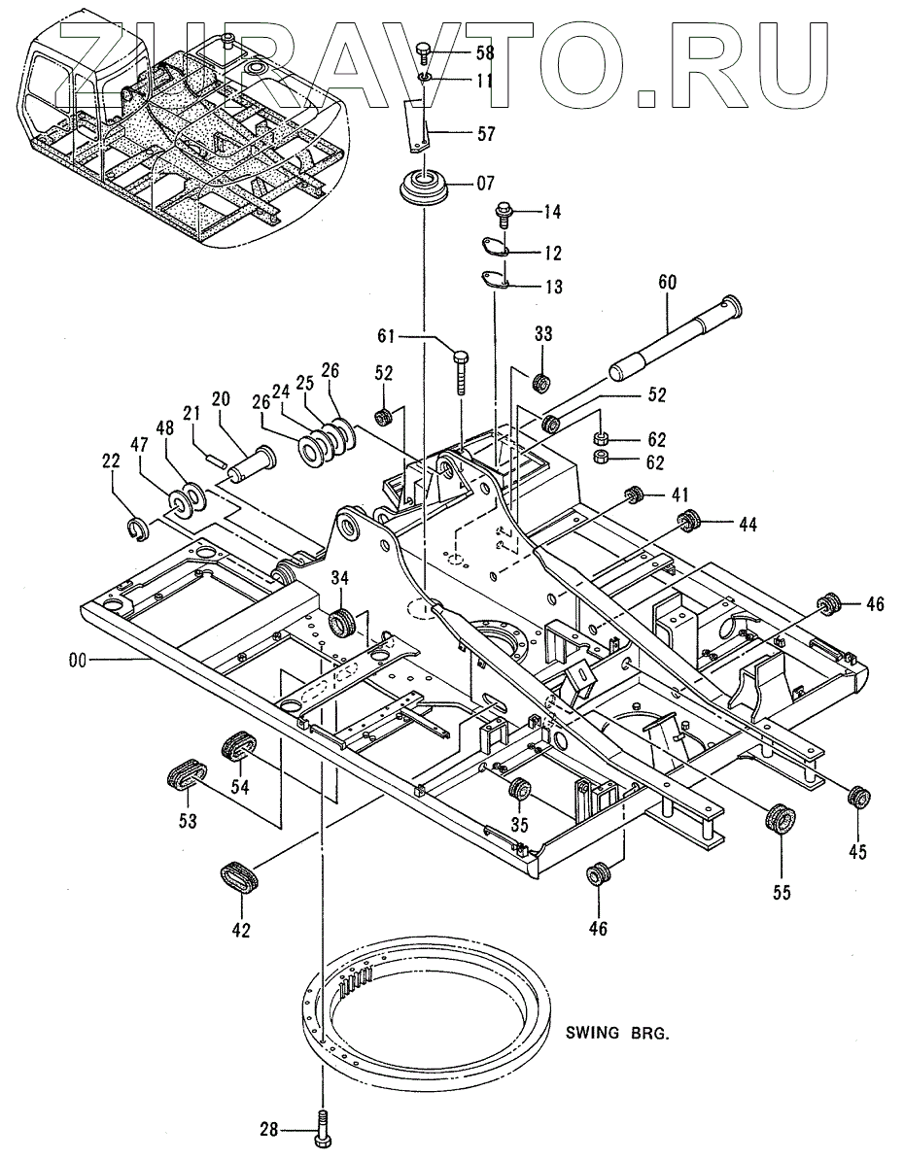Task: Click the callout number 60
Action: [667, 282]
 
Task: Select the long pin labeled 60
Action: [676, 338]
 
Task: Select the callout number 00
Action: [78, 659]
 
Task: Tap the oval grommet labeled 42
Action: [240, 876]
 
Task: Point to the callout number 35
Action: [520, 824]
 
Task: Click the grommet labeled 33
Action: [542, 383]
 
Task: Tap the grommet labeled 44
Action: [689, 521]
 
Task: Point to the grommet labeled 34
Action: [342, 622]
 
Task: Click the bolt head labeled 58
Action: [424, 50]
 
